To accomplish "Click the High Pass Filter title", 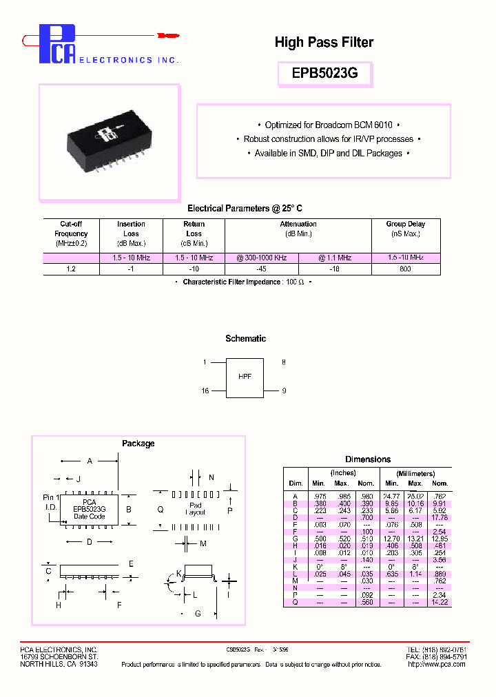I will [x=324, y=43].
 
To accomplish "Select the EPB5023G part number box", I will [x=324, y=72].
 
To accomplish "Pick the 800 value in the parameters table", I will [x=405, y=269].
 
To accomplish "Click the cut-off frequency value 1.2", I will [x=71, y=269].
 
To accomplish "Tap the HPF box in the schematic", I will [x=245, y=377].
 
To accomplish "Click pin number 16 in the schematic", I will [x=205, y=391].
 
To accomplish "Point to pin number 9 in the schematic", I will [x=283, y=391].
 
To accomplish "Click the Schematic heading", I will [x=245, y=339].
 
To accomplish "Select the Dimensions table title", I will [x=368, y=459].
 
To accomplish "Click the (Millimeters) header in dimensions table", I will [x=415, y=474].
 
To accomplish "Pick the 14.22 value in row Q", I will [x=439, y=602].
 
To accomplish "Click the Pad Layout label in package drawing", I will [x=196, y=509].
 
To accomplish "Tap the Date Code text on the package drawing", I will [x=90, y=517].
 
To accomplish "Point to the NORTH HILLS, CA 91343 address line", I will [x=59, y=664].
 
